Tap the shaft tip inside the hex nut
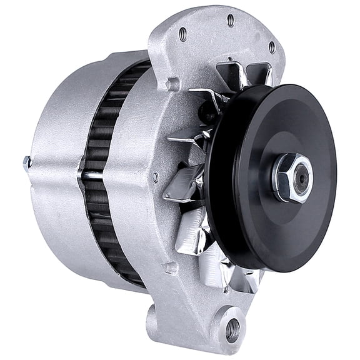coord(302,177)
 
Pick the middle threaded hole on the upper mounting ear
coord(231,20)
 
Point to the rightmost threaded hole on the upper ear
coord(271,46)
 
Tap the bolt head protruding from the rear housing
coord(27,164)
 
